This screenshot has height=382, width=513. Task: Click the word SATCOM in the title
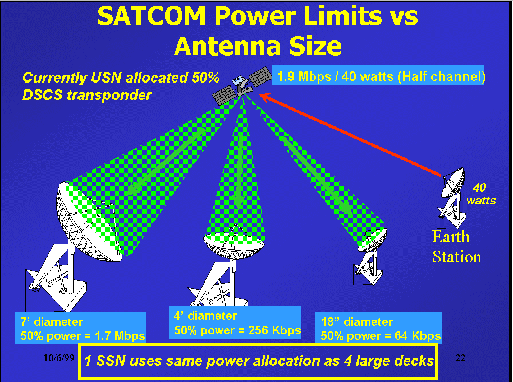[152, 16]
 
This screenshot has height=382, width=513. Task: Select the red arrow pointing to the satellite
[350, 135]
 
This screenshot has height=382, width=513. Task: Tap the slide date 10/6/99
[59, 358]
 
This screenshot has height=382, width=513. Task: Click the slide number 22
[460, 358]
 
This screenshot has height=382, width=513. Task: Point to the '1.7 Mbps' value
[120, 336]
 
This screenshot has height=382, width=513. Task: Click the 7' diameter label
[52, 322]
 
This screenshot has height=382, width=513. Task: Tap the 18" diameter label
[356, 322]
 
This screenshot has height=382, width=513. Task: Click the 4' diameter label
[205, 316]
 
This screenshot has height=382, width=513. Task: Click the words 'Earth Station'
[457, 247]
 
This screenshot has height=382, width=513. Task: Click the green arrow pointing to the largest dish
[166, 162]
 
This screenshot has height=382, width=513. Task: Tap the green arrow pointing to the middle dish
[239, 172]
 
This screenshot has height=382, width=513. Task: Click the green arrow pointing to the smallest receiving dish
[317, 176]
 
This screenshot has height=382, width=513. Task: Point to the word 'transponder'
[109, 95]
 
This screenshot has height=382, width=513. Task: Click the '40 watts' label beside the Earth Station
[480, 194]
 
